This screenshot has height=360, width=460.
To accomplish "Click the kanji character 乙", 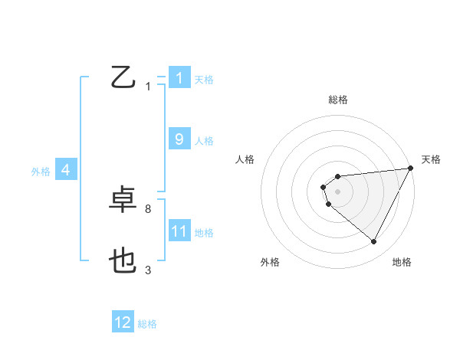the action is pos(123,77).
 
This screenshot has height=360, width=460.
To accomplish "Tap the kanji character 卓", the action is pos(123,201).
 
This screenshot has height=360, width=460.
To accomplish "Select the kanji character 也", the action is pos(123,263).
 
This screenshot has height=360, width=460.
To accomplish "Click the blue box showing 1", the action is pos(179,77).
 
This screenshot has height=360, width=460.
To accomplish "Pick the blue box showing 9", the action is pos(179,139).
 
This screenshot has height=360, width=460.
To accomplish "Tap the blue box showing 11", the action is pos(179,231).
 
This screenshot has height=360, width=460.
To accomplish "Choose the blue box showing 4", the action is pos(66,170).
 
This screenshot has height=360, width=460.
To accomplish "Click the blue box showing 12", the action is pos(123,322).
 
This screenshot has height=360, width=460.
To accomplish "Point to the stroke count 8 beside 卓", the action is pos(148,208).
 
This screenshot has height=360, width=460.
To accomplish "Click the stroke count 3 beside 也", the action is pos(148,270).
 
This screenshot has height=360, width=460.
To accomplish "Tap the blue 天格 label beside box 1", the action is pos(204,79).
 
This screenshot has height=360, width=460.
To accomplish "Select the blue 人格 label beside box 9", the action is pos(204,141).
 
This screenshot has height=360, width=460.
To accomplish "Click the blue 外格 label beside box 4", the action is pos(41,172).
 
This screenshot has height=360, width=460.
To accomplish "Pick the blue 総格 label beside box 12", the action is pos(147,324).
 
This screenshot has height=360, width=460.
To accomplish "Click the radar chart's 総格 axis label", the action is pos(338,100).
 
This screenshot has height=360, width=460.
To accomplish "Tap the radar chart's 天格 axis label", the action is pos(431,159).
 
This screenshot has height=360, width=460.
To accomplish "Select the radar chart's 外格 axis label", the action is pos(270,262).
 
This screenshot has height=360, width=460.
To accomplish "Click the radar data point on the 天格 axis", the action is pos(412,169).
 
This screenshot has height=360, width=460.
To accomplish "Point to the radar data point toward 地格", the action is pos(374,242).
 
